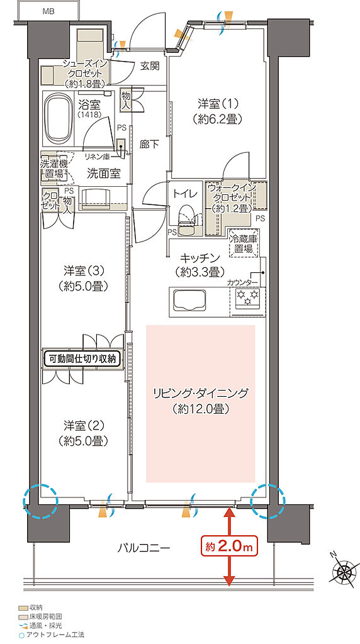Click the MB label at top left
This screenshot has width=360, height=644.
click(x=48, y=11)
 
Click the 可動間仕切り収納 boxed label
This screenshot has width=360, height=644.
click(x=82, y=359)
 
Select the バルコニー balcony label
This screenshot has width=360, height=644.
click(x=143, y=548)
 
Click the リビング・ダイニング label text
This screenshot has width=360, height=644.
click(x=200, y=401)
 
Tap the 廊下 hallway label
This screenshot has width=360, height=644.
click(x=149, y=143)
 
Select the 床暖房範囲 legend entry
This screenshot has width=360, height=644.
click(x=44, y=618)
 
